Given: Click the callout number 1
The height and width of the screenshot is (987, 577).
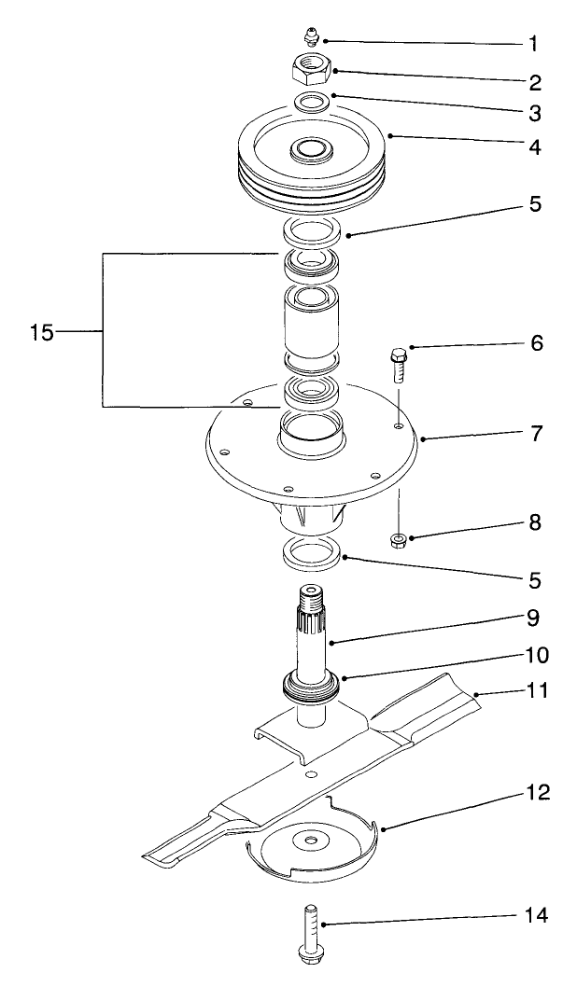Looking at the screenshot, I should [533, 43].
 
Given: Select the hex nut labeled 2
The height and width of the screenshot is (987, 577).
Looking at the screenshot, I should [312, 67].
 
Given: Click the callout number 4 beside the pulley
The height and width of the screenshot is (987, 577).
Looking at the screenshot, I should [533, 146].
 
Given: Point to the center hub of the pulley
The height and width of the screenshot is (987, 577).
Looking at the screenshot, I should [312, 147].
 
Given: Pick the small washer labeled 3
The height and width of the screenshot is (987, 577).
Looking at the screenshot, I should [312, 101].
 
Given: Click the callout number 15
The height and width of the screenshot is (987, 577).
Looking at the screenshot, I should [42, 331].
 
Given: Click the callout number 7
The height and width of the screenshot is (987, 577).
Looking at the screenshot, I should [533, 434].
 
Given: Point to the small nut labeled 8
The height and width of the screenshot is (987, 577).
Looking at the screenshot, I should [397, 540].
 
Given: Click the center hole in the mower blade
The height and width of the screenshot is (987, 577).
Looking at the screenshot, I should [310, 773].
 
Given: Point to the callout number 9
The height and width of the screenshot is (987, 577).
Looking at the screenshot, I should [533, 617].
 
